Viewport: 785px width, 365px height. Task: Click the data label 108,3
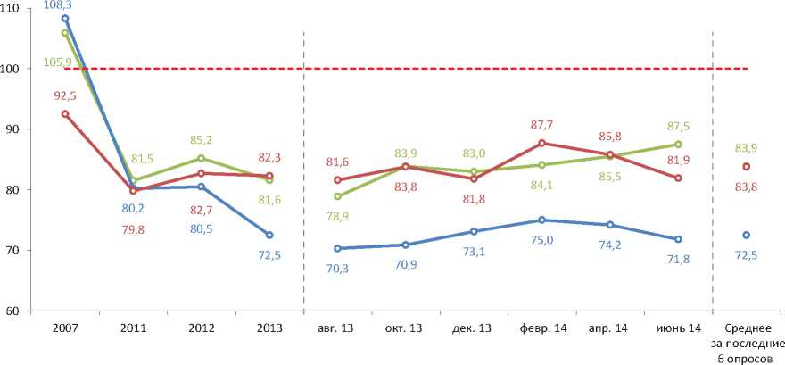tap(65, 5)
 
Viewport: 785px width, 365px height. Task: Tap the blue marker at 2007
tap(65, 18)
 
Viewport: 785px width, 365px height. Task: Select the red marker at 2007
tap(65, 113)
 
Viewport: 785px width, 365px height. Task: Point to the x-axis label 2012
tap(201, 328)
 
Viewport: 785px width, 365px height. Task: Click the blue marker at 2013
tap(269, 235)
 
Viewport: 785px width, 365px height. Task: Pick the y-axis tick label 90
tap(19, 129)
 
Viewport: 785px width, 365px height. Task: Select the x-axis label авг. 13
tap(337, 328)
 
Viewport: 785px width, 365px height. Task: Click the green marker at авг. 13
tap(337, 196)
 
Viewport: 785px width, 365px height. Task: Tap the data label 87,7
tap(541, 126)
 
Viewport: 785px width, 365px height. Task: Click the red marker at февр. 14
tap(541, 143)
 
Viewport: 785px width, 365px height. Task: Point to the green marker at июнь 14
tap(678, 144)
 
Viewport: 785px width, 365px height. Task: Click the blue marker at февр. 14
tap(541, 220)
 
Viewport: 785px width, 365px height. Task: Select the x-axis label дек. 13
tap(474, 328)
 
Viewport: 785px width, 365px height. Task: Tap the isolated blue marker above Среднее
tap(746, 235)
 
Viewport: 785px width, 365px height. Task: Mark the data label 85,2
tap(201, 140)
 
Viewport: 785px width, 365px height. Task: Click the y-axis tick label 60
tap(19, 311)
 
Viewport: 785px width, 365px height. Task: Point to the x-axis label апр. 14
tap(610, 328)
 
